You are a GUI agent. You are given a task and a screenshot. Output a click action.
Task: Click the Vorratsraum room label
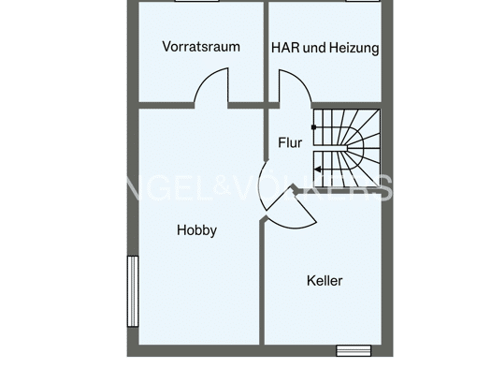point(201,47)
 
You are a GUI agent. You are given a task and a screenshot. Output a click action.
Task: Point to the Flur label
point(290,142)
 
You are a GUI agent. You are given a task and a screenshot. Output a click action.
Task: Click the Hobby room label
point(196,230)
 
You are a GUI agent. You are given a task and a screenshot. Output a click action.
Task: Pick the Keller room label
point(325,281)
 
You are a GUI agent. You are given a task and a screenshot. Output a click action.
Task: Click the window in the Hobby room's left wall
point(133,291)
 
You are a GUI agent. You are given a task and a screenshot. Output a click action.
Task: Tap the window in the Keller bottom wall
point(354,351)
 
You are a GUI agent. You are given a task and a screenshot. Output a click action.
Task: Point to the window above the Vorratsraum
point(196,1)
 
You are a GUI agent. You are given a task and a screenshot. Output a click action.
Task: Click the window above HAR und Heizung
point(363,1)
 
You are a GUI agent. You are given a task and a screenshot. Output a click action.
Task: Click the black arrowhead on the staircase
point(318,170)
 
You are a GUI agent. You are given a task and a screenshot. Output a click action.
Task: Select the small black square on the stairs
point(313,127)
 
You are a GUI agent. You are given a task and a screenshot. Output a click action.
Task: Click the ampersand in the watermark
point(223,186)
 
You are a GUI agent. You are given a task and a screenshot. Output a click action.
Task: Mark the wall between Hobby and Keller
point(262,282)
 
